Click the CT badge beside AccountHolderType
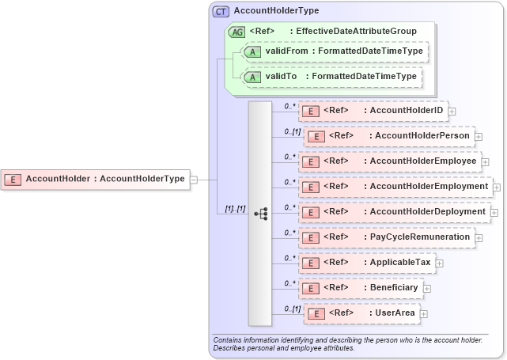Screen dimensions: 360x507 coord(221,11)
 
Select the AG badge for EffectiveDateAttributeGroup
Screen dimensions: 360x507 coord(236,32)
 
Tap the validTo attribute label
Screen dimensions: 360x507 coord(281,77)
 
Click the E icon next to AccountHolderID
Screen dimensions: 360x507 coord(312,112)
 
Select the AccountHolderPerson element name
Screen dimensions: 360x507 coord(423,136)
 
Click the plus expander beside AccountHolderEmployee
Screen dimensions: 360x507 coord(486,161)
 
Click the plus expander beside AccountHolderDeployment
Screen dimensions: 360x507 coord(494,212)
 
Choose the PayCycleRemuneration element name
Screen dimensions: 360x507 coord(420,237)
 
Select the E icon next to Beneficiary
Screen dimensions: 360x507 coord(312,288)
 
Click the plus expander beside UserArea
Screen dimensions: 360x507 coord(424,314)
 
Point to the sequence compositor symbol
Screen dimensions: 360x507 coord(260,213)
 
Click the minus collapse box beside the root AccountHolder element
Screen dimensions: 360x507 coord(194,179)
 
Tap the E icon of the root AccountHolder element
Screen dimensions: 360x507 coord(13,179)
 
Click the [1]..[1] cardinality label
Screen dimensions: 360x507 coord(235,209)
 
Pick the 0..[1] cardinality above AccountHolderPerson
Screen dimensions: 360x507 coord(293,131)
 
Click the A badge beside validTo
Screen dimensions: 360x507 coord(253,77)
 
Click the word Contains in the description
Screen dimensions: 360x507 coord(229,339)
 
